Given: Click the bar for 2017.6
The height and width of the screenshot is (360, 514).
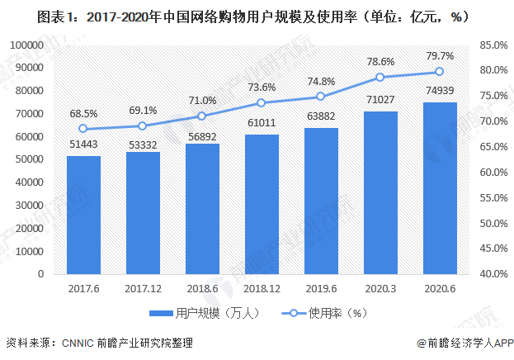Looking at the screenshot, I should tap(83, 215).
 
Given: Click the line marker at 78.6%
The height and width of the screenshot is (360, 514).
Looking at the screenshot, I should tap(380, 77).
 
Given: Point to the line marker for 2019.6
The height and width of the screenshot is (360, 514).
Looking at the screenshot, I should tap(321, 97).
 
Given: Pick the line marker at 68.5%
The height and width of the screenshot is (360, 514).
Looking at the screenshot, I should tap(83, 129).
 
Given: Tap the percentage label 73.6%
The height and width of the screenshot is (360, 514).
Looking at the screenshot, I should tap(262, 87).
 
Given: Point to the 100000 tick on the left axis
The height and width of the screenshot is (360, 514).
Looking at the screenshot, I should tap(26, 45).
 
